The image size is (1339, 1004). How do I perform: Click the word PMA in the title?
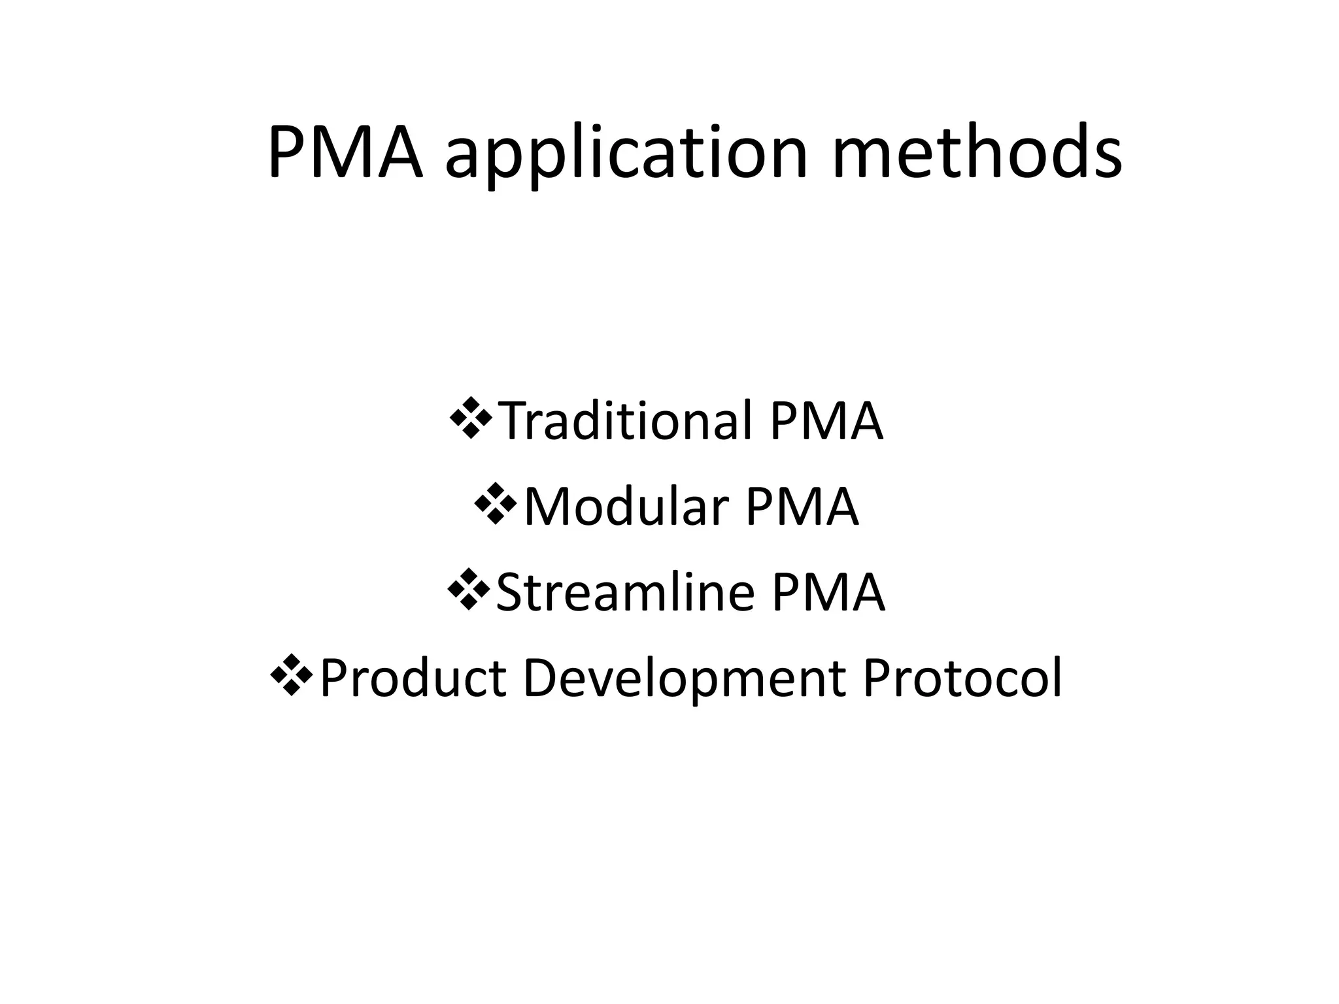click(x=345, y=153)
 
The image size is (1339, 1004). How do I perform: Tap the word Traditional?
click(x=628, y=421)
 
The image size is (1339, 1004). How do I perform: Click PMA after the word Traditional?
click(x=826, y=421)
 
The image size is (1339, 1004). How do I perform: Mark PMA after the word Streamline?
click(x=828, y=592)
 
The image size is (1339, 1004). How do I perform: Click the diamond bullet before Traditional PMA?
click(x=471, y=421)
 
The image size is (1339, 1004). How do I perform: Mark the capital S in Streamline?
click(x=510, y=592)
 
